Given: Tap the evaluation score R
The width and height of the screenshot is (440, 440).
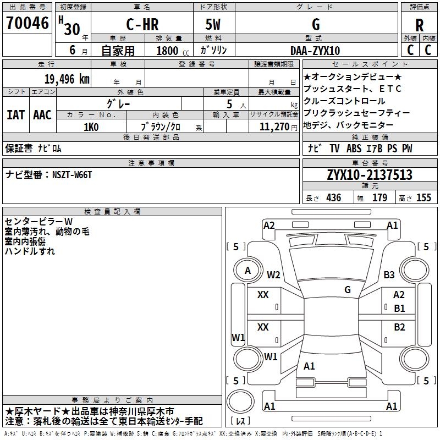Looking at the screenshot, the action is tap(419, 25).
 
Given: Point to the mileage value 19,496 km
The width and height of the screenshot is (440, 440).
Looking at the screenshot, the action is tap(67, 79).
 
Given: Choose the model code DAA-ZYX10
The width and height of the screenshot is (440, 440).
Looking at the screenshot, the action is tap(315, 51).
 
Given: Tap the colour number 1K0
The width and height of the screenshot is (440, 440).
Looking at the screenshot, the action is tap(91, 127).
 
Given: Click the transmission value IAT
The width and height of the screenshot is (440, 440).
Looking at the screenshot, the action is tap(15, 114).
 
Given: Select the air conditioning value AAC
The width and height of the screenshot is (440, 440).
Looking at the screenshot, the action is tap(42, 114).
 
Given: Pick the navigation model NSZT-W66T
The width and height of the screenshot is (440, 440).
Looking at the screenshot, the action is tap(72, 174).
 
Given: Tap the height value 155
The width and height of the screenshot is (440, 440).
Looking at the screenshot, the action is tap(424, 198).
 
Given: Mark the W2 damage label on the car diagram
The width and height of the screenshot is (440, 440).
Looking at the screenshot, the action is tap(273, 275).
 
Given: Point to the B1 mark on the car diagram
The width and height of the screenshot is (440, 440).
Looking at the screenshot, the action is tap(399, 309).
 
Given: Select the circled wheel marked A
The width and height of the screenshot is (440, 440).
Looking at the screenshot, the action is tap(248, 271).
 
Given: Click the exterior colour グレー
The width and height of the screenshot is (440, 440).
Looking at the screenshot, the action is tap(118, 102).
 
